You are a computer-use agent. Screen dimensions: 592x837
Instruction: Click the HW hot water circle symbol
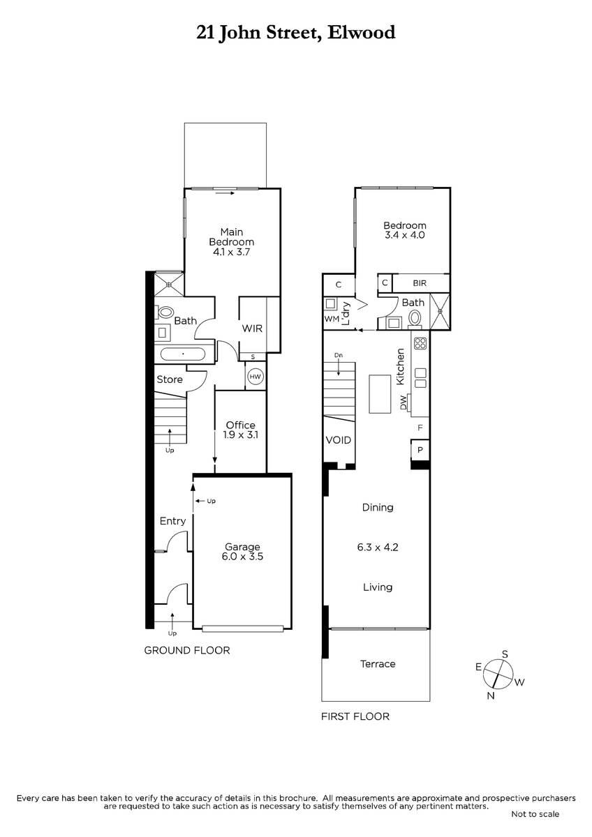tap(256, 376)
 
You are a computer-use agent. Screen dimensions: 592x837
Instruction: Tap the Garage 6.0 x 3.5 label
tap(242, 552)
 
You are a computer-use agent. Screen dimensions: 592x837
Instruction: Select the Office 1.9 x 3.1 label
tap(240, 430)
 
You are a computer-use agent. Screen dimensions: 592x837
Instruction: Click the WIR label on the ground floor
tap(252, 329)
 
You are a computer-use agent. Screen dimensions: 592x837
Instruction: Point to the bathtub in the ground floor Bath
tap(183, 354)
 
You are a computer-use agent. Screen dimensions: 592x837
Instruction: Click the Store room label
tap(170, 379)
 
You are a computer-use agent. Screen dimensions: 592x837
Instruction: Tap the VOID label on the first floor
tap(338, 440)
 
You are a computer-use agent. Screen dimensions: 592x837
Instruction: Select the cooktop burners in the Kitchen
tap(420, 343)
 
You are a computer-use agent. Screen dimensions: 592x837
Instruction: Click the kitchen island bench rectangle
tap(380, 394)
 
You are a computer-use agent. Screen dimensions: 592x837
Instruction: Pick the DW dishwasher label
tap(403, 402)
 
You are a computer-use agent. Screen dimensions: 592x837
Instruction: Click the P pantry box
tap(420, 450)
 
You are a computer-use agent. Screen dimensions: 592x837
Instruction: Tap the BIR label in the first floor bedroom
tap(420, 283)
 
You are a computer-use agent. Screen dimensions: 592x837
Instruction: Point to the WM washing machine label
tap(332, 319)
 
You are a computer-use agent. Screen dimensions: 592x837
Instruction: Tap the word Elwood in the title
tap(361, 33)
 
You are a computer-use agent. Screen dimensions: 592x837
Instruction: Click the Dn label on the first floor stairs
tap(339, 355)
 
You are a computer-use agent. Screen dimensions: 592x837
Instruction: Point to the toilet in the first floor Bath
tap(415, 318)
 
